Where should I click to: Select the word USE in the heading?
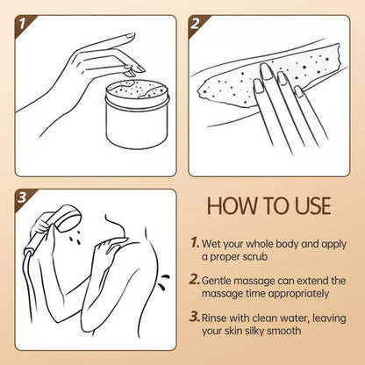(307, 207)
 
